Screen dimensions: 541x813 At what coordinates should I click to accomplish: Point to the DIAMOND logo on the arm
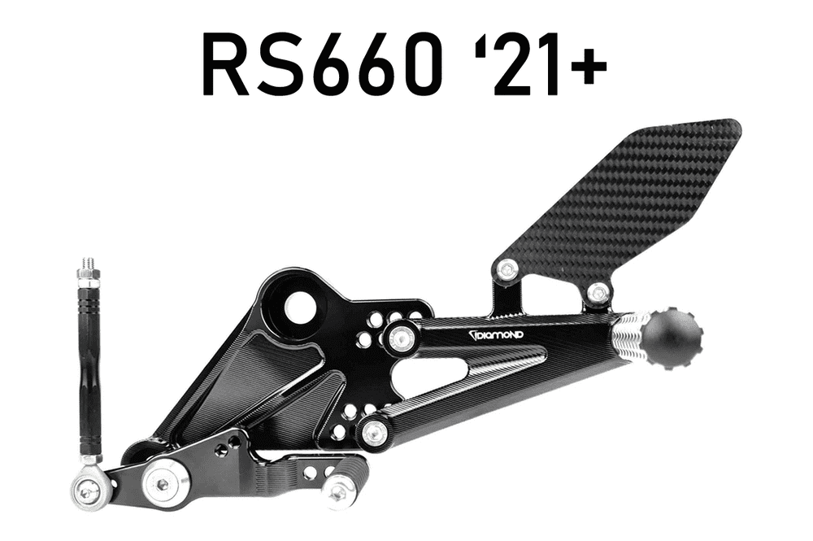(495, 334)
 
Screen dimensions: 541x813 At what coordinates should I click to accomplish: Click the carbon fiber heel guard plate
(626, 203)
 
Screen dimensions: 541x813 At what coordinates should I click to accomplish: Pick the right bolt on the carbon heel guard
(598, 292)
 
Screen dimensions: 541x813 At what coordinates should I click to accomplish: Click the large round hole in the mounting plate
(300, 307)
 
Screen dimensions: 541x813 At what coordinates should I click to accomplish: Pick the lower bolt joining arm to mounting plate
(374, 432)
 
